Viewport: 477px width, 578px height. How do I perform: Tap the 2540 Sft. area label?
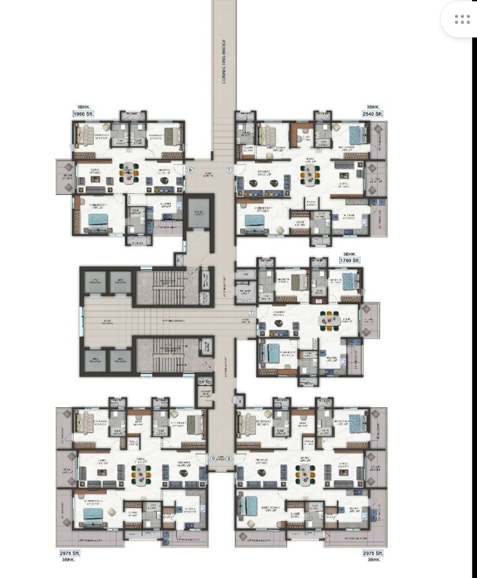[x=371, y=115]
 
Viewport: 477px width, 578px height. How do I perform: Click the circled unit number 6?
[x=190, y=170]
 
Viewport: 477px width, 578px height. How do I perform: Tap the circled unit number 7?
[x=251, y=313]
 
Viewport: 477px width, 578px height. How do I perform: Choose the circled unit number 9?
[x=213, y=459]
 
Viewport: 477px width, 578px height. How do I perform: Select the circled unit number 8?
[x=229, y=459]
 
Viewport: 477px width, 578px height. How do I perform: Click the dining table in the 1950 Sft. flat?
[x=129, y=173]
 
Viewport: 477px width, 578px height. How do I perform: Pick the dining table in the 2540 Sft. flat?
[x=309, y=171]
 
